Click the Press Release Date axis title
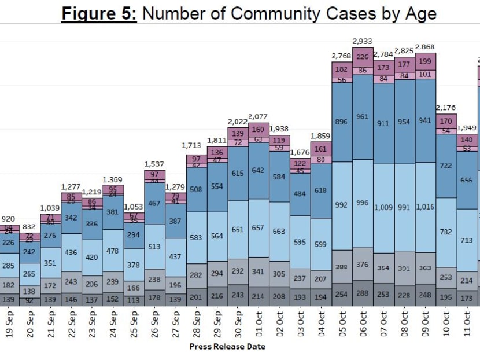coord(227,346)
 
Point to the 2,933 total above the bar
coord(362,41)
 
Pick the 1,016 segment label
coord(424,207)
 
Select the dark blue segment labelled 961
coord(363,116)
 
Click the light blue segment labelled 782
coord(446,232)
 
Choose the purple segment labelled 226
coord(363,57)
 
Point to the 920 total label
coord(8,219)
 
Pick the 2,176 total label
coord(446,108)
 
